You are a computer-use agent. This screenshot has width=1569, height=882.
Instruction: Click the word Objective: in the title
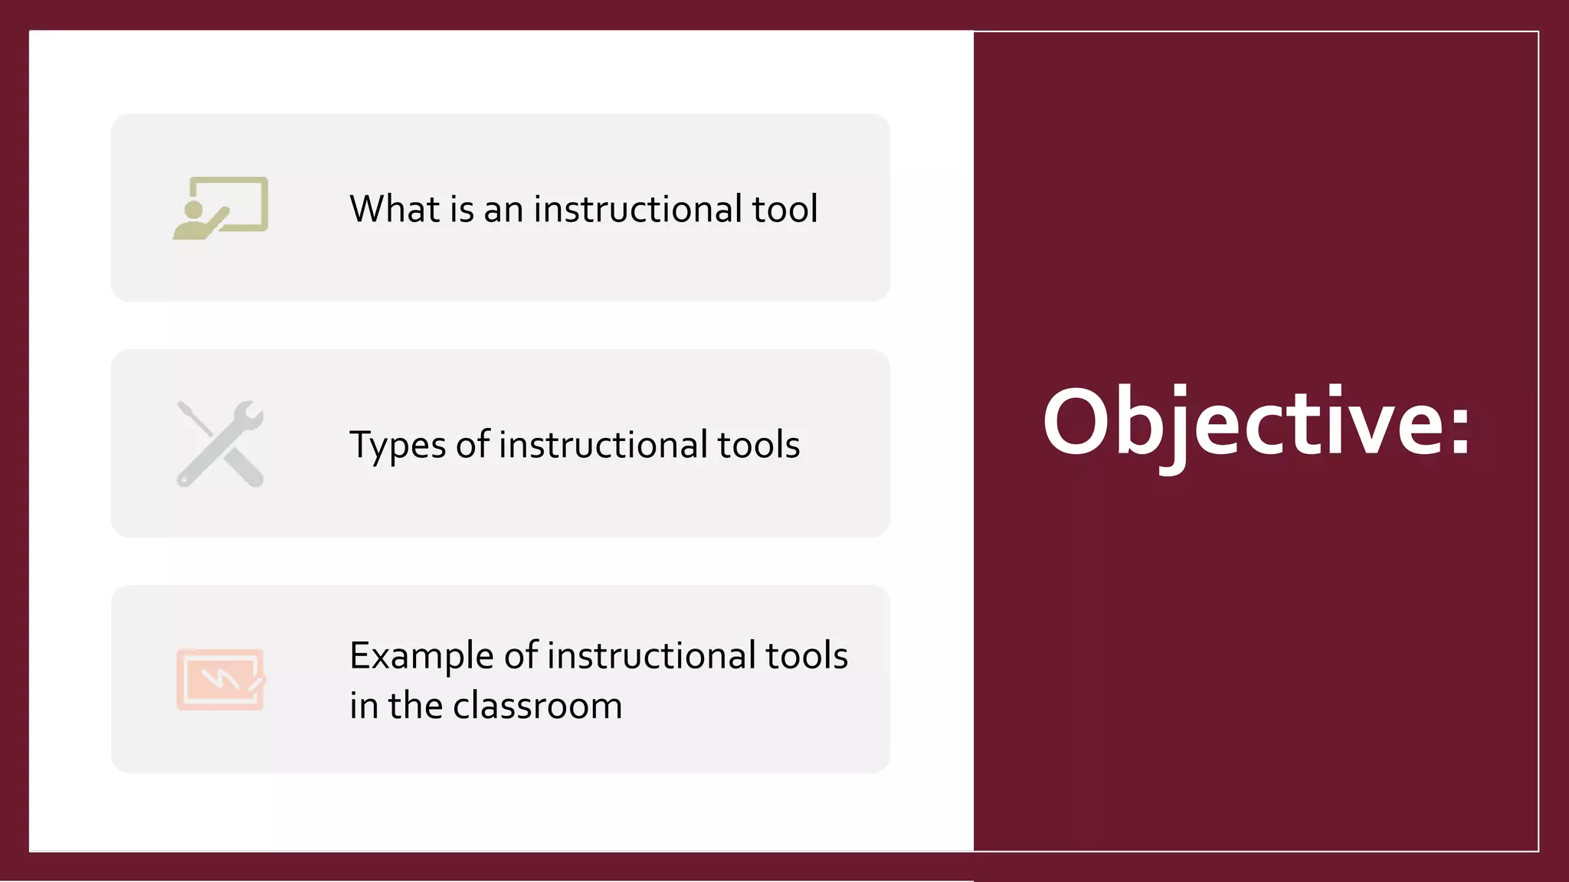click(x=1256, y=423)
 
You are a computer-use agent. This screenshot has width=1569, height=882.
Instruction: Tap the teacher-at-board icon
click(x=221, y=207)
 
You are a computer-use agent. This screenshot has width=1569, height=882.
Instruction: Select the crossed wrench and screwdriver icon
click(x=221, y=444)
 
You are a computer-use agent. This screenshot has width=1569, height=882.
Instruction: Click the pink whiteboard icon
click(x=221, y=679)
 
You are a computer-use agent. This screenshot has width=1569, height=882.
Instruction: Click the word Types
click(x=397, y=446)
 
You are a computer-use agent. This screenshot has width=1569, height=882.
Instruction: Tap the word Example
click(x=421, y=656)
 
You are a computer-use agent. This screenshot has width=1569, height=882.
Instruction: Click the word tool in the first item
click(x=784, y=208)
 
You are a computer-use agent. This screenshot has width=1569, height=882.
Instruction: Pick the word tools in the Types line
click(x=758, y=445)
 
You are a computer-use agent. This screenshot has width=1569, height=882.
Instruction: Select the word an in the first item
click(x=503, y=210)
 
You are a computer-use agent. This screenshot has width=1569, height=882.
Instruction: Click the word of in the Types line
click(x=472, y=445)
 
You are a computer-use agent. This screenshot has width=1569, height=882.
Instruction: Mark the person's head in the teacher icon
click(x=194, y=209)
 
